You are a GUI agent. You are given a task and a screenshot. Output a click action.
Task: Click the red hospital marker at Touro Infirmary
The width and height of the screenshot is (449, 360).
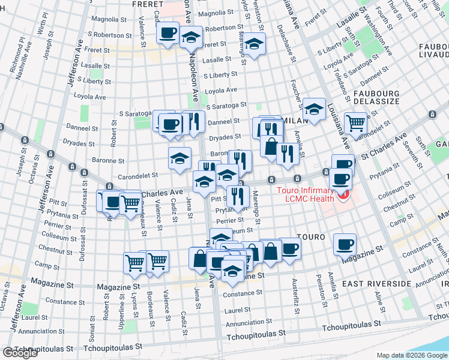pos(343,196)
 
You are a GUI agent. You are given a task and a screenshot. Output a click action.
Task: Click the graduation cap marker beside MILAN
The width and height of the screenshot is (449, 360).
pos(313,109)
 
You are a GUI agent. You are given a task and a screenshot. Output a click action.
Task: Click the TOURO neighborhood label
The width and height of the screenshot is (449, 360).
pos(310,238)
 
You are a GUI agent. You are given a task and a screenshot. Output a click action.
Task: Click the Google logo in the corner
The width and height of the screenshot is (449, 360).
pos(20,353)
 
